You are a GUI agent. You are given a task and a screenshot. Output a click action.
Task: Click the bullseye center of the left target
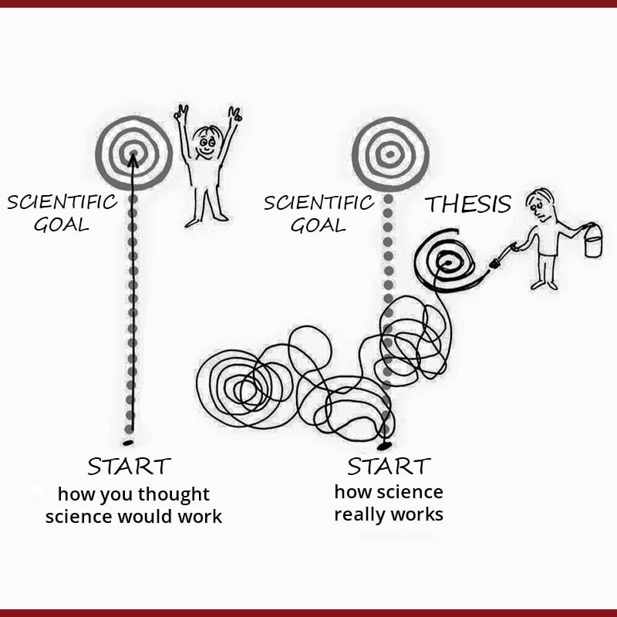pyautogui.click(x=133, y=152)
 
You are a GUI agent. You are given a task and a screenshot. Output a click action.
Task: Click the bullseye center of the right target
pyautogui.click(x=389, y=153)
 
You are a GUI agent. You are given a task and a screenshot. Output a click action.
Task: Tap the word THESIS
pyautogui.click(x=468, y=204)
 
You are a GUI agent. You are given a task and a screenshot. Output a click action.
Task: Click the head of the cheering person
pyautogui.click(x=207, y=143)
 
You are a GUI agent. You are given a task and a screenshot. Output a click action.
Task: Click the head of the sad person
pyautogui.click(x=539, y=204)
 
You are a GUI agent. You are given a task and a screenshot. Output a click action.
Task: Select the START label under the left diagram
pyautogui.click(x=129, y=467)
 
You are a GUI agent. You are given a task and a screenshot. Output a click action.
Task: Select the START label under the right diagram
pyautogui.click(x=389, y=467)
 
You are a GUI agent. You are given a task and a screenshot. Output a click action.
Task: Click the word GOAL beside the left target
pyautogui.click(x=62, y=225)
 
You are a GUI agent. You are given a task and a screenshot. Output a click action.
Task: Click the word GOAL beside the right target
pyautogui.click(x=319, y=225)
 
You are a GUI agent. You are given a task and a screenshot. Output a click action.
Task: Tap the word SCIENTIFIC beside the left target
pyautogui.click(x=62, y=203)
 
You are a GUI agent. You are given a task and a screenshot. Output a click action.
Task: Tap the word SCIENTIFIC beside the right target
pyautogui.click(x=319, y=203)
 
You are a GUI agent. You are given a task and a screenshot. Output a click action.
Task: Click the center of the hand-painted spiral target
pyautogui.click(x=447, y=262)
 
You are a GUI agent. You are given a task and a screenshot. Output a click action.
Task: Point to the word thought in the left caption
pyautogui.click(x=172, y=494)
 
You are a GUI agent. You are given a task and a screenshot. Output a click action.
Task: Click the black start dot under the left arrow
pyautogui.click(x=127, y=441)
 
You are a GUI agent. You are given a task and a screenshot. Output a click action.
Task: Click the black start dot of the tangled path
pyautogui.click(x=384, y=446)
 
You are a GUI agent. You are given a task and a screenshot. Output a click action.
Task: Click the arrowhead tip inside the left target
pyautogui.click(x=133, y=157)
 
